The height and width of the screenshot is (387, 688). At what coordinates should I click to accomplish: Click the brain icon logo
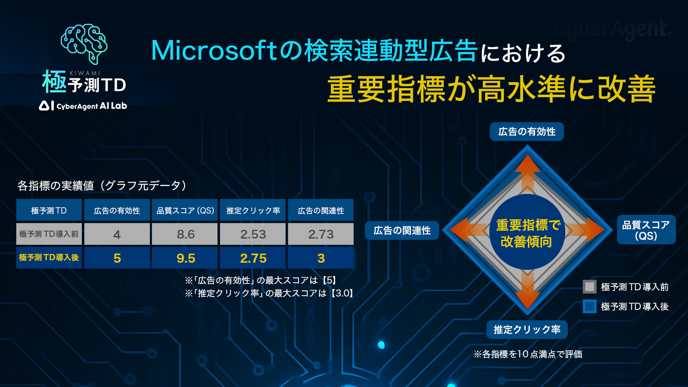coord(84,44)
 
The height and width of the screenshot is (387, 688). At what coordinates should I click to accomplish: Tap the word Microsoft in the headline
coord(215,50)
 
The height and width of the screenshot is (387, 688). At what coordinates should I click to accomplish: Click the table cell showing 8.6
coord(185,234)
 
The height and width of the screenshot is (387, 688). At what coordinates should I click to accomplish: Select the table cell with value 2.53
coord(253,234)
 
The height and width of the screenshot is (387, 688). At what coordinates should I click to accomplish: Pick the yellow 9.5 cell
coord(185,258)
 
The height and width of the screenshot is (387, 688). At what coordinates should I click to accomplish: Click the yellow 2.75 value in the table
coord(253,258)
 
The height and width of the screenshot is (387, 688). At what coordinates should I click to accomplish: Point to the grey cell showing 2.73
coord(321,234)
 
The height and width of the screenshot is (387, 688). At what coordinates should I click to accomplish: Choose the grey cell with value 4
coord(117,234)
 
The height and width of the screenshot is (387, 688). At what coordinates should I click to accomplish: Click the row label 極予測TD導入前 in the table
coord(49,234)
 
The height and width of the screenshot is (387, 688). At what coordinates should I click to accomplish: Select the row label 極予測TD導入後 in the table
coord(49,258)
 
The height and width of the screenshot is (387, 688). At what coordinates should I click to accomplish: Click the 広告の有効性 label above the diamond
coord(527,132)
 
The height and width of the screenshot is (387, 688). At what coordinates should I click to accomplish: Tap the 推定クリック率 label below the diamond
coord(527,329)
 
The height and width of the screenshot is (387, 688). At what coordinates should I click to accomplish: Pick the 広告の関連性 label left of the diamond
coord(402,230)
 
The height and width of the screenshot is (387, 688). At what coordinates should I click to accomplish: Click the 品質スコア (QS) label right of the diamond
coord(646,230)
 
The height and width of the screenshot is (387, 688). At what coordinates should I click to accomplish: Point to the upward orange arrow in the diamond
coord(527,173)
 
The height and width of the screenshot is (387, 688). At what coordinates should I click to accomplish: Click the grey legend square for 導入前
coord(589,286)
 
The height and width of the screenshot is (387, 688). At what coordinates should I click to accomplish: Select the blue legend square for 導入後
coord(589,306)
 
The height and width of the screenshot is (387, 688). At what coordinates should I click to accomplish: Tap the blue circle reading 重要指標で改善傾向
coord(527,232)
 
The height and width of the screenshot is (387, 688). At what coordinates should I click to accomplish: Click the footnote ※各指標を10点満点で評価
coord(528,354)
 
